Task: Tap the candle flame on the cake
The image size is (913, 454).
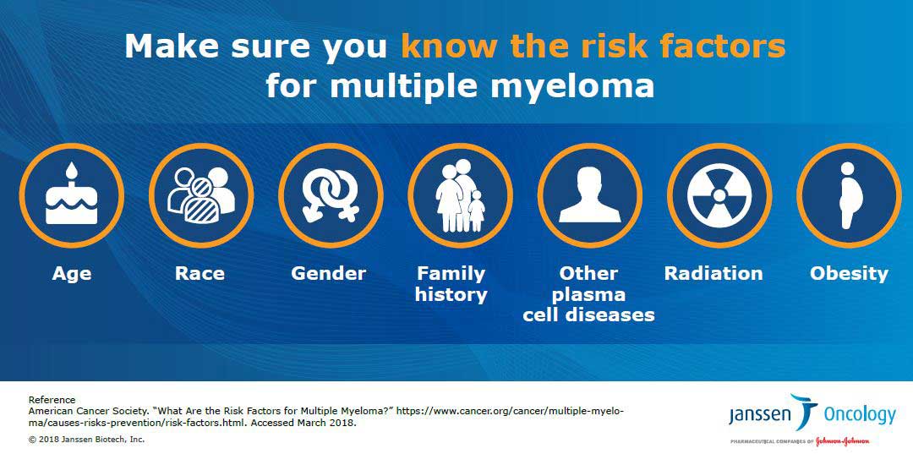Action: point(72,171)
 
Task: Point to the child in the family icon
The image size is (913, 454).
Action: point(476,211)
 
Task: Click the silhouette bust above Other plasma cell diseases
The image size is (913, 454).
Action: point(590,194)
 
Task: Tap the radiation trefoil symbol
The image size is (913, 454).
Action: point(719,195)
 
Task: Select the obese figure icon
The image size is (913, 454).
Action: point(849,195)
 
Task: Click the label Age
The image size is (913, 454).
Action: point(72,274)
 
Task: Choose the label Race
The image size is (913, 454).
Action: point(200,274)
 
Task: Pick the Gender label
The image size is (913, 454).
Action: point(328,274)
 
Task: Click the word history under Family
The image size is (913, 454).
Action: point(451,295)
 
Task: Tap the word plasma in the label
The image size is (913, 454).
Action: point(588,294)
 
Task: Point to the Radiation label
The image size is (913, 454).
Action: point(713,274)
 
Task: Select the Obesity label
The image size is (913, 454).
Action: point(849,274)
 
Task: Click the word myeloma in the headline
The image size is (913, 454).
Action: point(572,86)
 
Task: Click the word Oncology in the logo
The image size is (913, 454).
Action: point(860,415)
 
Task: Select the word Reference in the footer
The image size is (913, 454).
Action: point(52,400)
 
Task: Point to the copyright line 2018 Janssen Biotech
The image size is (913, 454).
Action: point(86,440)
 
